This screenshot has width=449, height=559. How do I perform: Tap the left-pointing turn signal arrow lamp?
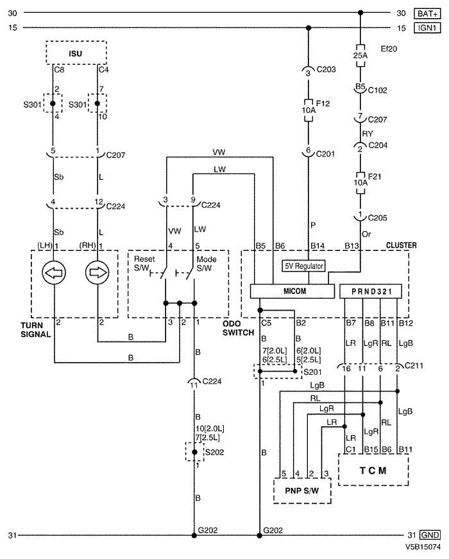(x=54, y=273)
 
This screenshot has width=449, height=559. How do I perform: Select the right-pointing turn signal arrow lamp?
(x=97, y=273)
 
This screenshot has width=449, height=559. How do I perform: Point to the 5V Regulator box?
(x=304, y=266)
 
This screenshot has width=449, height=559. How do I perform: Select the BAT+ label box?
(x=427, y=13)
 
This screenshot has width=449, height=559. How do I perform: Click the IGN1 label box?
(x=427, y=28)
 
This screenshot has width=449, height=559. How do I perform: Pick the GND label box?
(x=430, y=535)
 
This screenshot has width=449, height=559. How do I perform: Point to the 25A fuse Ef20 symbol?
(x=360, y=56)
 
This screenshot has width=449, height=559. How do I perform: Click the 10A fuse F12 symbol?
(x=309, y=110)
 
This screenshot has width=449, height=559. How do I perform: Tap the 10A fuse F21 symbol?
(x=360, y=183)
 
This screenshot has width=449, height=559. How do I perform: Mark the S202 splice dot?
(x=194, y=452)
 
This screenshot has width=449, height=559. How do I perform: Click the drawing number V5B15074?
(x=423, y=547)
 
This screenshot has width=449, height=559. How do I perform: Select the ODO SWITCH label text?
(x=239, y=328)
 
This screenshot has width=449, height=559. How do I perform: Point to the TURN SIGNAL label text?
(x=36, y=330)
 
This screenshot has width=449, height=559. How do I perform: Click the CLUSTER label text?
(x=402, y=245)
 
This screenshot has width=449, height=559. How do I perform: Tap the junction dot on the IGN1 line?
(x=309, y=28)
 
